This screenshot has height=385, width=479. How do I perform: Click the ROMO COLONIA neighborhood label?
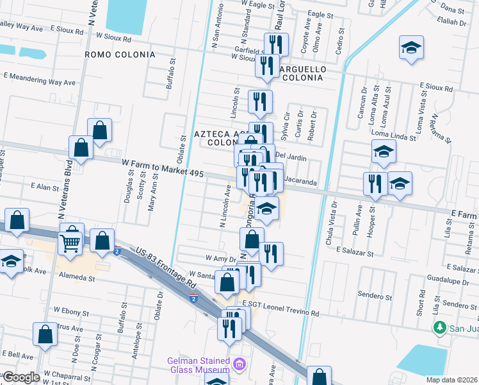click(120, 55)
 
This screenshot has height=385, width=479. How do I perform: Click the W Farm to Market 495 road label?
click(165, 169)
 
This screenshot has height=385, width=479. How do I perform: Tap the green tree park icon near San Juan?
click(439, 328)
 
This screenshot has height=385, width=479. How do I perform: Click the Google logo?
click(20, 377)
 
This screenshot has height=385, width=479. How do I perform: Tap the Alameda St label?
click(77, 279)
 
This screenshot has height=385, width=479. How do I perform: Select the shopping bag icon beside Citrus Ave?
click(45, 334)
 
